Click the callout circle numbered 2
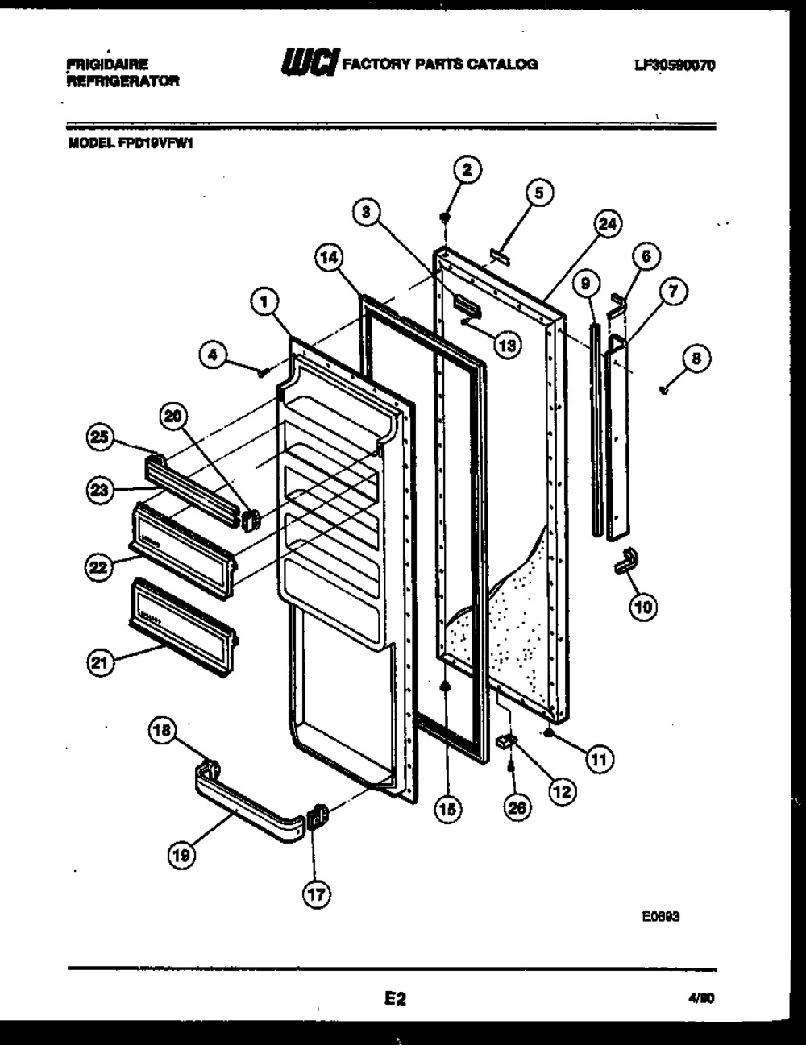coord(466,170)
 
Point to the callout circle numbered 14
coord(328,259)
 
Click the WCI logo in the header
coord(308,64)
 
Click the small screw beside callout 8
coord(663,390)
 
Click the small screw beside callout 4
coord(263,371)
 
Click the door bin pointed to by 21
coord(182,615)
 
